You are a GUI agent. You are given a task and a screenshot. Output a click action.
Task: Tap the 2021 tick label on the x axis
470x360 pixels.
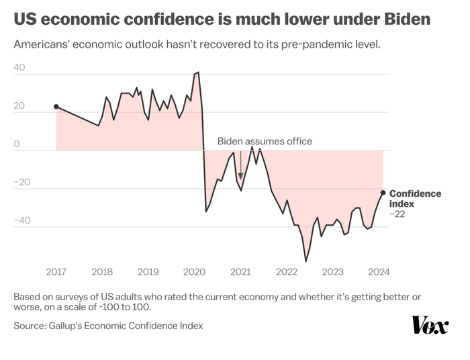pyautogui.click(x=240, y=271)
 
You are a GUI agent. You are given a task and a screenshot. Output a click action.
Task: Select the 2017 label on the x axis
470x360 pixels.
pyautogui.click(x=56, y=271)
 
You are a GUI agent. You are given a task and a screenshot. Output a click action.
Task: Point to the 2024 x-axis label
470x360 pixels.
pyautogui.click(x=379, y=271)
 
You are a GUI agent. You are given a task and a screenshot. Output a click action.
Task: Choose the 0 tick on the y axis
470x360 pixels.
pyautogui.click(x=18, y=144)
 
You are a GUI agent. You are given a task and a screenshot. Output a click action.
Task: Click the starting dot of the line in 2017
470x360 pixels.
pyautogui.click(x=56, y=107)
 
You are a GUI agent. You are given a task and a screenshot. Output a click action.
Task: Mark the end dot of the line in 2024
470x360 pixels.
pyautogui.click(x=383, y=193)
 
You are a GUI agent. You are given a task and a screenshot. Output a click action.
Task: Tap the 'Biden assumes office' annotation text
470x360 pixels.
pyautogui.click(x=265, y=142)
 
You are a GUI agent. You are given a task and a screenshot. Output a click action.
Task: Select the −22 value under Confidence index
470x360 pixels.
pyautogui.click(x=399, y=214)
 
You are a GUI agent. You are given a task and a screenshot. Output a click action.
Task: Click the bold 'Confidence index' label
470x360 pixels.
pyautogui.click(x=415, y=198)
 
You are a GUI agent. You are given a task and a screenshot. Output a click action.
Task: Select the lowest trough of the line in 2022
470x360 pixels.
pyautogui.click(x=306, y=261)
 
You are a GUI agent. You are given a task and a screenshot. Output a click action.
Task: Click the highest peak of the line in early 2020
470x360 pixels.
pyautogui.click(x=197, y=72)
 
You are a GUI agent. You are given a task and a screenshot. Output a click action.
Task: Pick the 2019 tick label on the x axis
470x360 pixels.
pyautogui.click(x=148, y=271)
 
